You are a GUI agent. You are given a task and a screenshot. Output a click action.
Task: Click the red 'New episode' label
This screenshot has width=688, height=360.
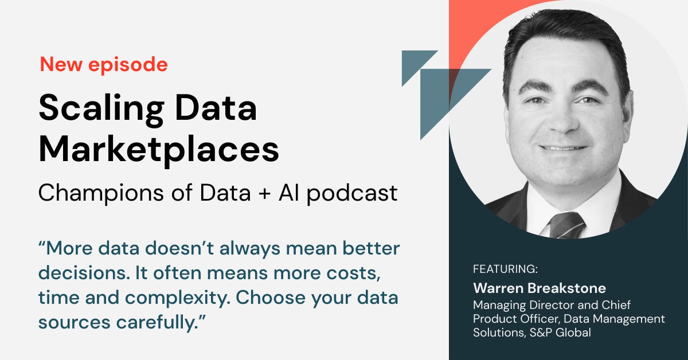tap(104, 65)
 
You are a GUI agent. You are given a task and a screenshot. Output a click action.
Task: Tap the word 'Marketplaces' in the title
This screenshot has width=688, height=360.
tap(159, 150)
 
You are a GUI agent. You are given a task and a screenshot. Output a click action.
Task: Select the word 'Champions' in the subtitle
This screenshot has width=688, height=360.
tap(101, 194)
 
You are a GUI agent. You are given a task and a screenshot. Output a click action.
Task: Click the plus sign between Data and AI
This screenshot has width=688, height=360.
tap(264, 194)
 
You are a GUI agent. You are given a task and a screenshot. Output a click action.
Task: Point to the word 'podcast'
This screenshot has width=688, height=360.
tap(352, 194)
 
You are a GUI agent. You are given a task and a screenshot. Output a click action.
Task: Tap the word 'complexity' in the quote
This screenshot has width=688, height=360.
tap(178, 299)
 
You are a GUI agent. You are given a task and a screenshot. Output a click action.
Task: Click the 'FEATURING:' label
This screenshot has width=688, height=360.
tap(505, 269)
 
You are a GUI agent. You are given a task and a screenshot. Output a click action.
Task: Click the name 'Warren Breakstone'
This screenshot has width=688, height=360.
tap(540, 288)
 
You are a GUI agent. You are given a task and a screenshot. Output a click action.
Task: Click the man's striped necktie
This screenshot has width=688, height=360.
tap(566, 225)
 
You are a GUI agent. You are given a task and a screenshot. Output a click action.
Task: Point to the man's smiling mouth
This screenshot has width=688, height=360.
tap(562, 148)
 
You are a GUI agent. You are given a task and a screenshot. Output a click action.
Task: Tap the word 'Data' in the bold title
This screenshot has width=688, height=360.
tap(216, 108)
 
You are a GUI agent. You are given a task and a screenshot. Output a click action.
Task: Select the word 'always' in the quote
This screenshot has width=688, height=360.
tap(250, 249)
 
